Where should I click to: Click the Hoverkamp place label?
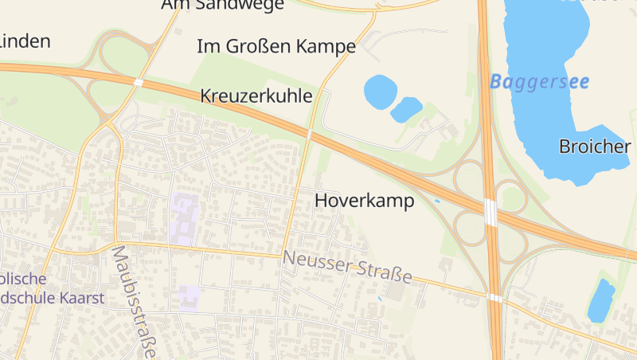point(365,201)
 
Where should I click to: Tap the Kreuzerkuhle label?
point(256,96)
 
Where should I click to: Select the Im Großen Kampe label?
point(276,46)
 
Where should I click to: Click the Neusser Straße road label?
point(347,267)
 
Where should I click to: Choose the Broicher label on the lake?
point(595,146)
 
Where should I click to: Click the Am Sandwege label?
point(222,5)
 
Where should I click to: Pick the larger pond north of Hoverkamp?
point(381,92)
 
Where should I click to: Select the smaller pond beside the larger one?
point(406,109)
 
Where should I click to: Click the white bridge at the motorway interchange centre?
point(490,213)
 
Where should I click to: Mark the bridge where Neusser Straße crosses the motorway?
point(494,298)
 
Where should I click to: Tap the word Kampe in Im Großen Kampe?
point(326,46)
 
